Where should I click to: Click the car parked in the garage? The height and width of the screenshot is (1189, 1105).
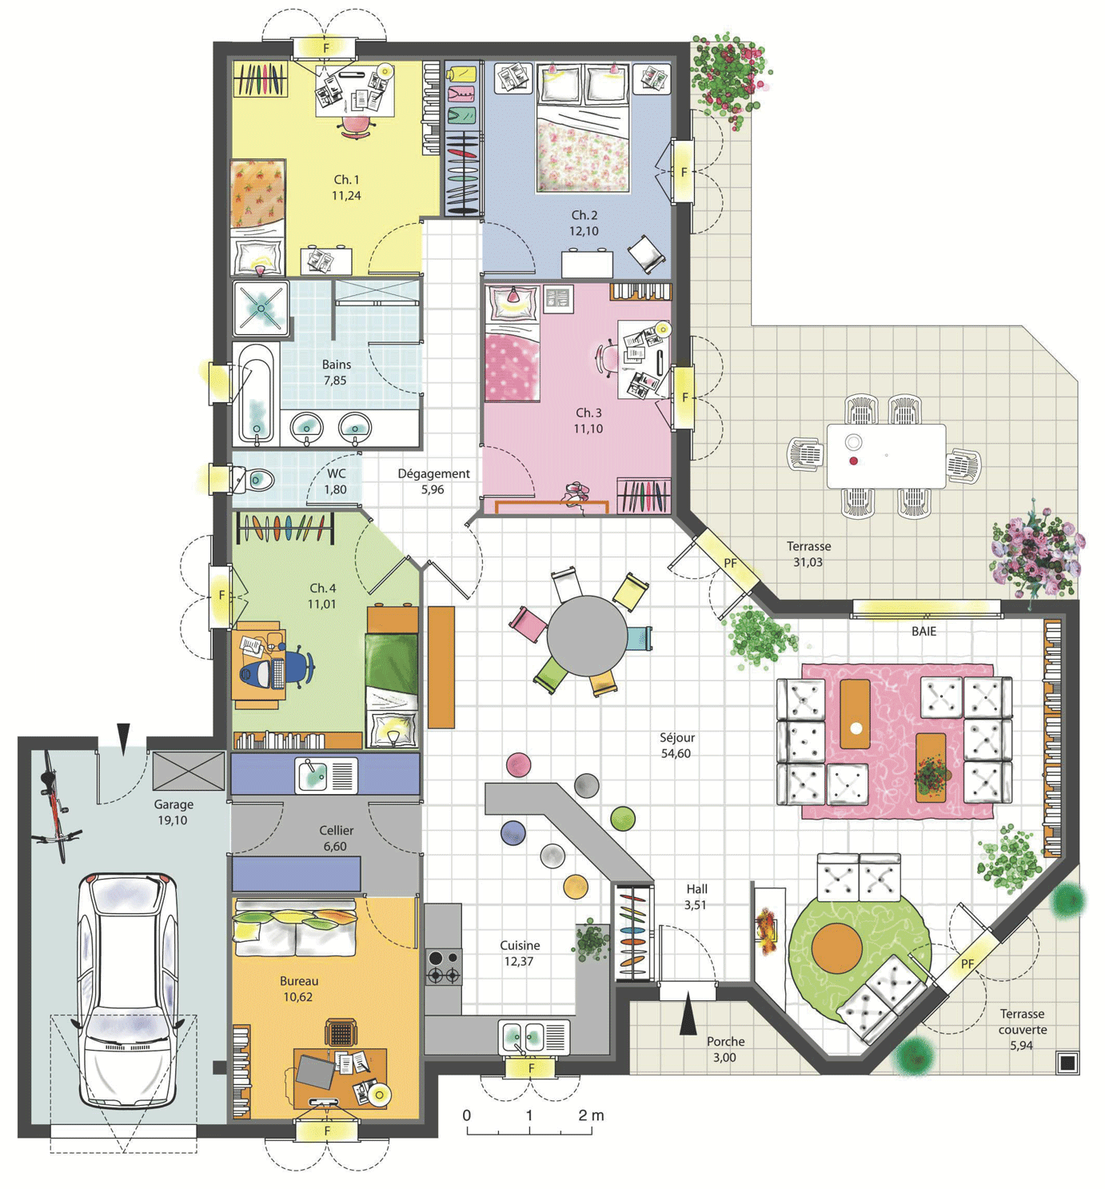coord(128,991)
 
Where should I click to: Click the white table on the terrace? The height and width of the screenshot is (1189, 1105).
coord(886,456)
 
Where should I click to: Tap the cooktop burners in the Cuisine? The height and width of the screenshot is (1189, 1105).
coord(443,966)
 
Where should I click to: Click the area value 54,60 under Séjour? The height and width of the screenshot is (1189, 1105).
coord(676,753)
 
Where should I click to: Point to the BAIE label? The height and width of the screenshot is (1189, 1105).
coord(923,631)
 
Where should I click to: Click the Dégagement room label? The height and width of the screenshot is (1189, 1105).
coord(433,473)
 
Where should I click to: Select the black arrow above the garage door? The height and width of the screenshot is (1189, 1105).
coord(123,737)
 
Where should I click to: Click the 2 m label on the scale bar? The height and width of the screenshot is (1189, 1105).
coord(591,1115)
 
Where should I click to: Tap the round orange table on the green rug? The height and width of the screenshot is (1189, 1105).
coord(837,948)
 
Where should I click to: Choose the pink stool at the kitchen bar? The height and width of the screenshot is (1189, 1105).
coord(518,764)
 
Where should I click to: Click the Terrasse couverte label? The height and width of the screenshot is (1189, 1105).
coord(1022,1029)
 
